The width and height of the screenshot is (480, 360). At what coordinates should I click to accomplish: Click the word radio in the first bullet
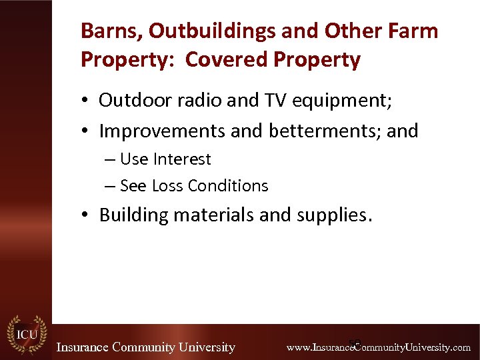click(193, 101)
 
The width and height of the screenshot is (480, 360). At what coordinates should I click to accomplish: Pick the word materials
click(207, 215)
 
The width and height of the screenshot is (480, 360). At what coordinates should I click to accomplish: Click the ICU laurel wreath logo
click(26, 334)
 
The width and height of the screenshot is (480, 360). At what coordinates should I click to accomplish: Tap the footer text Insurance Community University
click(145, 347)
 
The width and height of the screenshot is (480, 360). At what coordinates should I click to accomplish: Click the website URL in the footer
click(378, 347)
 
